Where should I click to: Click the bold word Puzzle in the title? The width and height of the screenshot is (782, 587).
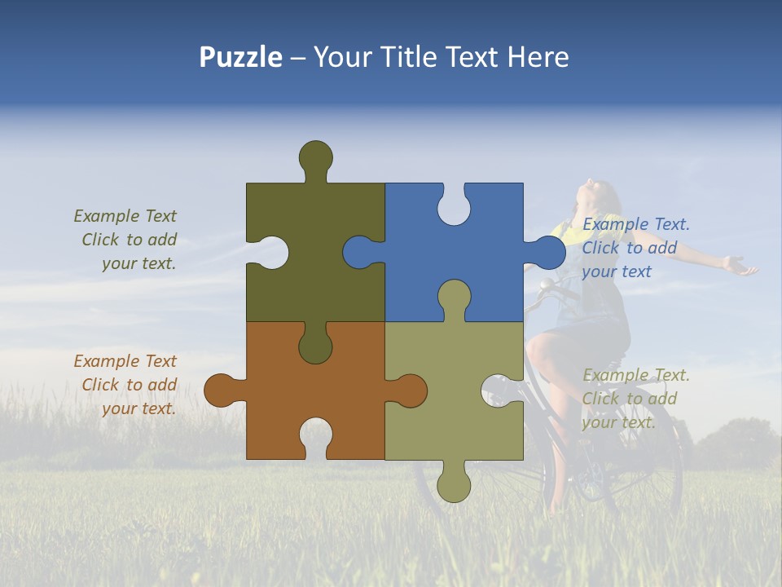point(240,57)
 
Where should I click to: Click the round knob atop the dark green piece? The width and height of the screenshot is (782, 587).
point(315,157)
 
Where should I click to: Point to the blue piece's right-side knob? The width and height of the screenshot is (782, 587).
point(546,254)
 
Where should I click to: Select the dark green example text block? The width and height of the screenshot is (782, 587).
point(126,240)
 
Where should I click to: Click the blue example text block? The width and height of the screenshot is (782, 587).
point(635,248)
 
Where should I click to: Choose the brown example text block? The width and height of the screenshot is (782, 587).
point(126,385)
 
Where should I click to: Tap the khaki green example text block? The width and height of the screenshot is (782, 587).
point(635,399)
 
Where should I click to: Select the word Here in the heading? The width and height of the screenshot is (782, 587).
point(538,57)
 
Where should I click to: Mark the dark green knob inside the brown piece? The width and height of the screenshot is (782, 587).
point(315,345)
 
